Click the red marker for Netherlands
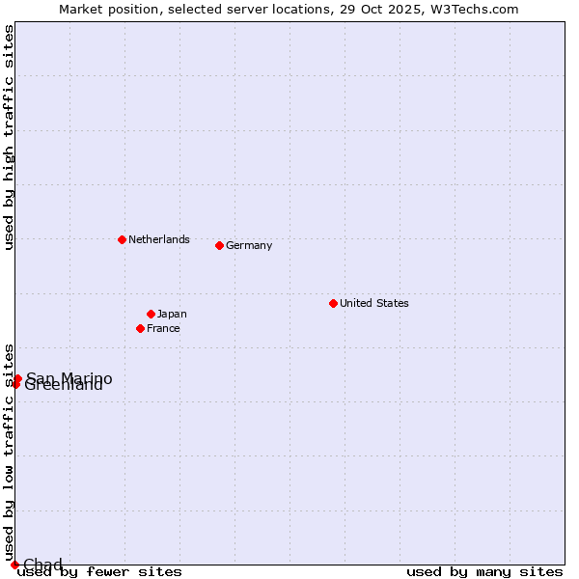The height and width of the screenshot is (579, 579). (122, 239)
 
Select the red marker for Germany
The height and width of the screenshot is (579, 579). (219, 245)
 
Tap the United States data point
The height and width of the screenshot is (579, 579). (333, 303)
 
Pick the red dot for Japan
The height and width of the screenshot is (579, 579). (151, 314)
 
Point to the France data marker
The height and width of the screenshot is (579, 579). (140, 328)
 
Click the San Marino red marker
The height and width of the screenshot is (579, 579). (17, 378)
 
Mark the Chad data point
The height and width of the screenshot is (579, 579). (14, 565)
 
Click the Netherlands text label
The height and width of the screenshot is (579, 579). (158, 239)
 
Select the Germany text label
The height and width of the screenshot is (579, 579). (249, 245)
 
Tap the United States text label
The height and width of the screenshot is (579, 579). (373, 303)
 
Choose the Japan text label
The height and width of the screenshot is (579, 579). (172, 314)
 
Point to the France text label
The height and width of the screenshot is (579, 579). (163, 328)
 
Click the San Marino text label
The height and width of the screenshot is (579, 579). (69, 378)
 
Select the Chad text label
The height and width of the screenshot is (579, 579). (42, 565)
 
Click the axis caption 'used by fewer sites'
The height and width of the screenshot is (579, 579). (99, 572)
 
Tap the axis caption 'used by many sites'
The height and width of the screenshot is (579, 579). (484, 572)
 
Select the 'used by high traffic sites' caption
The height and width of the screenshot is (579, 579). (9, 137)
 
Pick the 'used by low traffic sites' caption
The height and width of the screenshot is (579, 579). (9, 452)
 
